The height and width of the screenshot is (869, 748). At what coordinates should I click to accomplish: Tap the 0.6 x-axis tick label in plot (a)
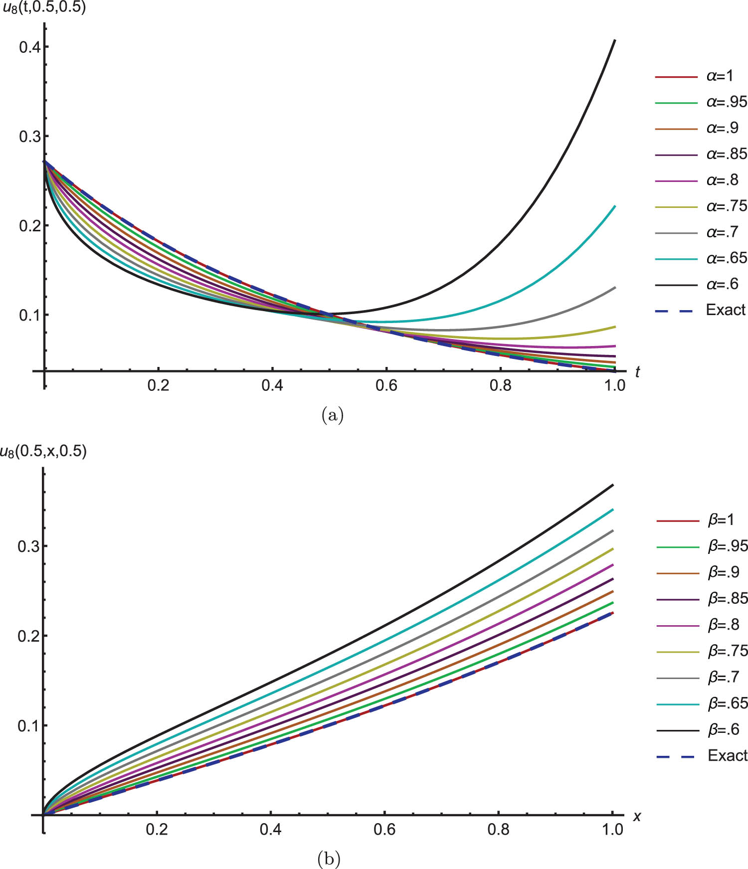(x=386, y=385)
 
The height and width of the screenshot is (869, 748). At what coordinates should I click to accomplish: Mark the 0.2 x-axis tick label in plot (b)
(x=157, y=829)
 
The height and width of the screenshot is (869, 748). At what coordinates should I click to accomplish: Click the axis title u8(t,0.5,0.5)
(x=43, y=7)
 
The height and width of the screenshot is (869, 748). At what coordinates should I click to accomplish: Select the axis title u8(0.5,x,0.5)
(x=43, y=451)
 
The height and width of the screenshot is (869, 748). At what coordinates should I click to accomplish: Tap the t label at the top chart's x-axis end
(x=637, y=372)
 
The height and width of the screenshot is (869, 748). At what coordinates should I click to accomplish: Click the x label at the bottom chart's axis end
(x=637, y=816)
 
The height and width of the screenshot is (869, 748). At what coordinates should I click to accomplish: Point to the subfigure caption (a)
(x=333, y=414)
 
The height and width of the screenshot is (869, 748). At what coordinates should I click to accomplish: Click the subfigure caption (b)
(x=329, y=859)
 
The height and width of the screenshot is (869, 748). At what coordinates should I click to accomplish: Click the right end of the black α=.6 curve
(x=615, y=40)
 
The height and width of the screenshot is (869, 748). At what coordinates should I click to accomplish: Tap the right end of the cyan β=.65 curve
(x=612, y=510)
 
